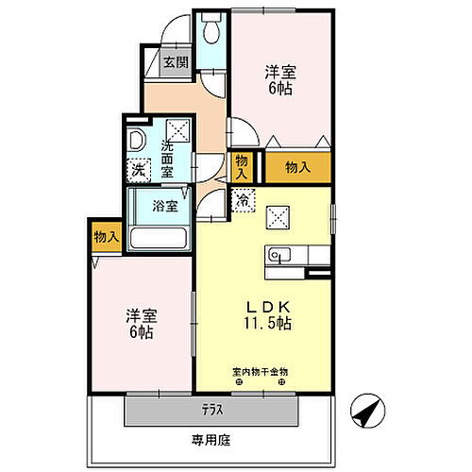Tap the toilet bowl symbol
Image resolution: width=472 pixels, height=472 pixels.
[x=211, y=32]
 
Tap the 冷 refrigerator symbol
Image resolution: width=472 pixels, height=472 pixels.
[x=243, y=199]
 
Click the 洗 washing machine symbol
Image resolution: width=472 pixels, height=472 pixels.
[x=139, y=171]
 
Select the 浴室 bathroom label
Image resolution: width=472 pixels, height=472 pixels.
[x=165, y=205]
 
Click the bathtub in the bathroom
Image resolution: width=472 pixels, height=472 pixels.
[x=160, y=238]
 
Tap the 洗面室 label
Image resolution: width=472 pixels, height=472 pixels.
[x=167, y=160]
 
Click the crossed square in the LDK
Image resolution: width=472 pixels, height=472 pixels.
[x=278, y=217]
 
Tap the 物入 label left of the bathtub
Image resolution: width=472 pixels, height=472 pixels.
[x=107, y=237]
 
